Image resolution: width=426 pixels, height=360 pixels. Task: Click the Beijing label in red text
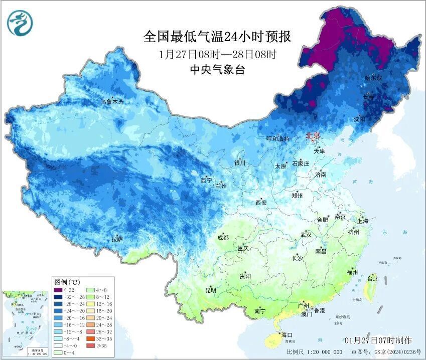click(x=313, y=135)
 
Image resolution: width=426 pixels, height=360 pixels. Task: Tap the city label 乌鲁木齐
click(x=111, y=102)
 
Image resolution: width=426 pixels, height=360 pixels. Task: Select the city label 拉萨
click(x=117, y=239)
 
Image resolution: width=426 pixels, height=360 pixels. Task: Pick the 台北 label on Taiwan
click(x=373, y=278)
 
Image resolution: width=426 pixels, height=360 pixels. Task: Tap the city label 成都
click(x=223, y=238)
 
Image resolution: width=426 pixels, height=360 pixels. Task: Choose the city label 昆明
click(x=210, y=290)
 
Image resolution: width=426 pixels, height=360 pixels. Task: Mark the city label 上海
click(x=362, y=221)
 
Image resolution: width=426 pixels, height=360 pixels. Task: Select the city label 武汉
click(x=306, y=235)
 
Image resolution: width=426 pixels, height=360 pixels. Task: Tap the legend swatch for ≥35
click(x=93, y=346)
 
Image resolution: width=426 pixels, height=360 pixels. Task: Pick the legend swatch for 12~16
click(x=93, y=304)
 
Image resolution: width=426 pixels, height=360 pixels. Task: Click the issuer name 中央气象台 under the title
click(x=217, y=70)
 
